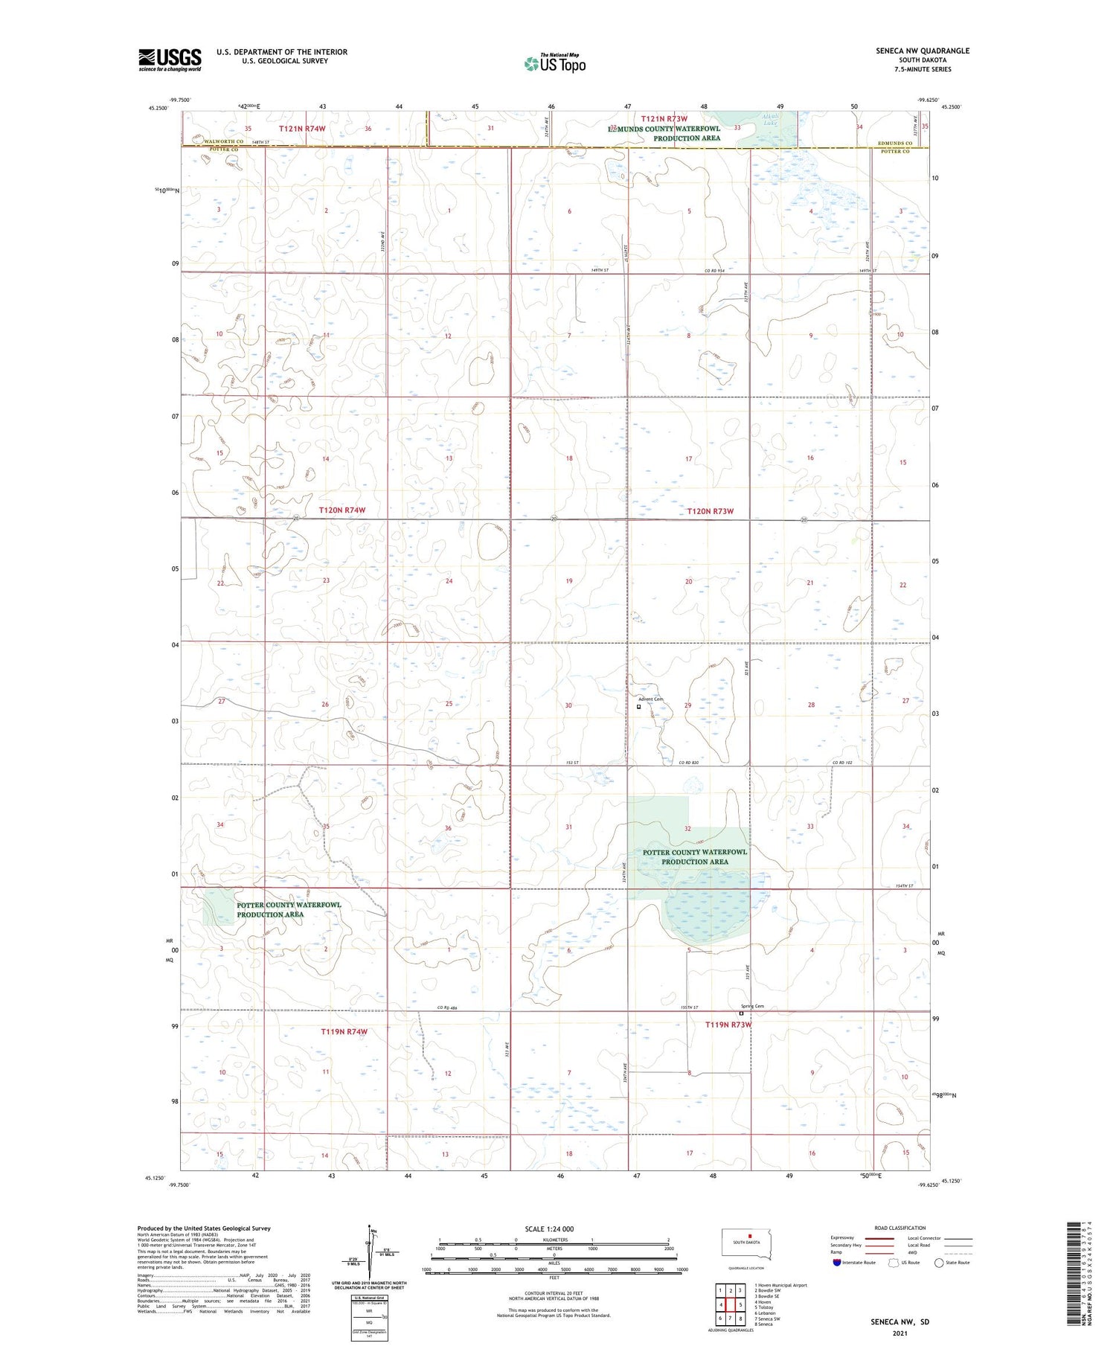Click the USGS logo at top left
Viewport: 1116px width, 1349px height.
point(170,60)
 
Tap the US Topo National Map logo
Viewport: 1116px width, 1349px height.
point(554,63)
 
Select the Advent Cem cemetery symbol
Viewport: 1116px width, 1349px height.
point(638,707)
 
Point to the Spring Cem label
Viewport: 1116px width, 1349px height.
point(752,1006)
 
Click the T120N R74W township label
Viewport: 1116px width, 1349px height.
point(342,510)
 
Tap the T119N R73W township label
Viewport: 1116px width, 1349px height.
point(728,1025)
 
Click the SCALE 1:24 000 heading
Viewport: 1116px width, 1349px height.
point(549,1228)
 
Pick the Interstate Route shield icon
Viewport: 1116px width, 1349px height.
point(837,1263)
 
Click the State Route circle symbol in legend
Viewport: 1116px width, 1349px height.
point(939,1263)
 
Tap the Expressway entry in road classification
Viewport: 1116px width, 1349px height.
point(842,1238)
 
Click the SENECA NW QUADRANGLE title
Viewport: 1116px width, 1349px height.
point(922,51)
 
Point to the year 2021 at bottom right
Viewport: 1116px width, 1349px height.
point(899,1333)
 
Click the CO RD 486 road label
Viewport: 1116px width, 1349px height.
point(446,1007)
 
